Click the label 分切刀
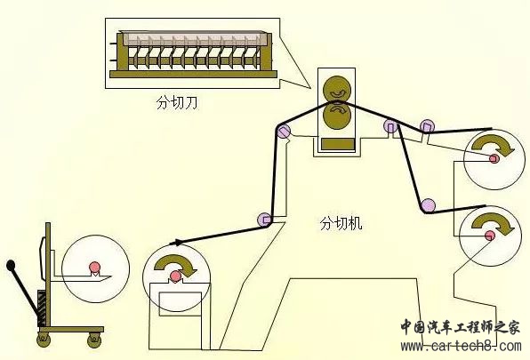coord(177,102)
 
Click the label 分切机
coord(341,223)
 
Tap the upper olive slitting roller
coord(337,88)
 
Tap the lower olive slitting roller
coord(337,116)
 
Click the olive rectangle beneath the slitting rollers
coord(338,143)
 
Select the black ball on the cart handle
coord(11,265)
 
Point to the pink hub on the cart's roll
coord(95,268)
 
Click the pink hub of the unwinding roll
coord(176,276)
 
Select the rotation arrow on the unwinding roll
coord(176,265)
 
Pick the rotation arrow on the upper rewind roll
coord(493,146)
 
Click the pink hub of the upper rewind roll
coord(494,158)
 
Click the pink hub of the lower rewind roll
coord(490,235)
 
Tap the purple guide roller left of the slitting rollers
coord(284,131)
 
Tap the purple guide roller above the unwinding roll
coord(264,220)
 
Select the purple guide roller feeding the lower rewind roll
coord(428,205)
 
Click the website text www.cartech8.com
coord(462,346)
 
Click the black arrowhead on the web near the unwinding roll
coord(175,242)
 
